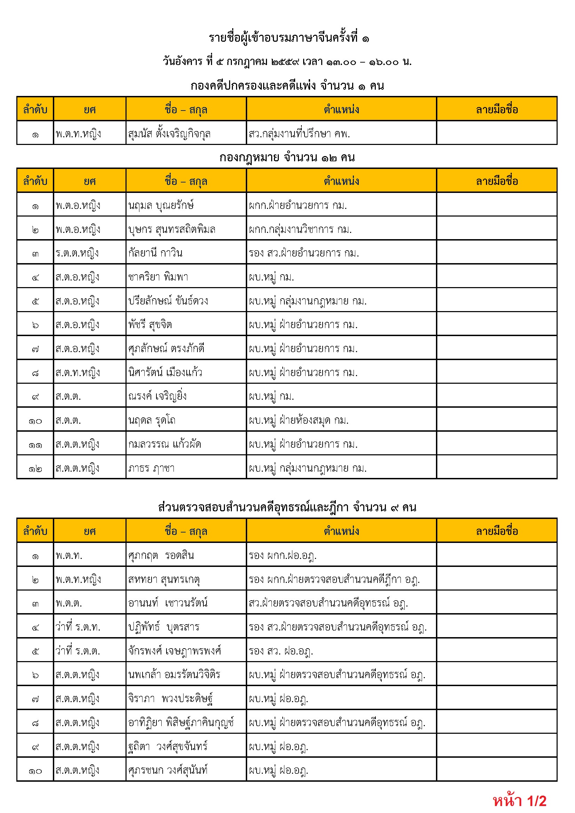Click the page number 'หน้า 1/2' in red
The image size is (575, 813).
pos(519,800)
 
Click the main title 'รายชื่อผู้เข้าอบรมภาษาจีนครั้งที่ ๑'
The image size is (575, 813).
pos(289,38)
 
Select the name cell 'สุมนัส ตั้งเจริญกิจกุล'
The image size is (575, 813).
pos(169,133)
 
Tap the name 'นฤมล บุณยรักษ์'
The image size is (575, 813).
pos(161,205)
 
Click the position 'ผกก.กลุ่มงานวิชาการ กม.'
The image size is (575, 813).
pos(300,229)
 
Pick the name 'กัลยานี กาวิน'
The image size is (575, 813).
pos(155,253)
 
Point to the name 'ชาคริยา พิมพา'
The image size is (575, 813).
pos(158,277)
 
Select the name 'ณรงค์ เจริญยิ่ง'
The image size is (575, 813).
pos(157,396)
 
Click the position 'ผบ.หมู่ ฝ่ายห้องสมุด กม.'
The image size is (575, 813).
pos(299,420)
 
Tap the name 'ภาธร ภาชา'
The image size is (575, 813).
pos(151,468)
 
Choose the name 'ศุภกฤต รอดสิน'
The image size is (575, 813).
pos(161,555)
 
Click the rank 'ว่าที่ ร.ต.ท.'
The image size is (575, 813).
pos(78,627)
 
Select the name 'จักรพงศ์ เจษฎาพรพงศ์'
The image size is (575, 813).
pos(175,650)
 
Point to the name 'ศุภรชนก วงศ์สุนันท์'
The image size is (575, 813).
pos(168,770)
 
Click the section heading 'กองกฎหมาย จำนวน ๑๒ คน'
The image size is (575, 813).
pos(287,157)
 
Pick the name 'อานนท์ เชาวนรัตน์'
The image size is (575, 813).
pos(168,603)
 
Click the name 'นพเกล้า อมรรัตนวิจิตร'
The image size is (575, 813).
pos(174,674)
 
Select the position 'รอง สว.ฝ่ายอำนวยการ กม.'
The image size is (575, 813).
pos(303,253)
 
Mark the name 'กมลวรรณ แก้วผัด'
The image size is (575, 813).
pos(165,444)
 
